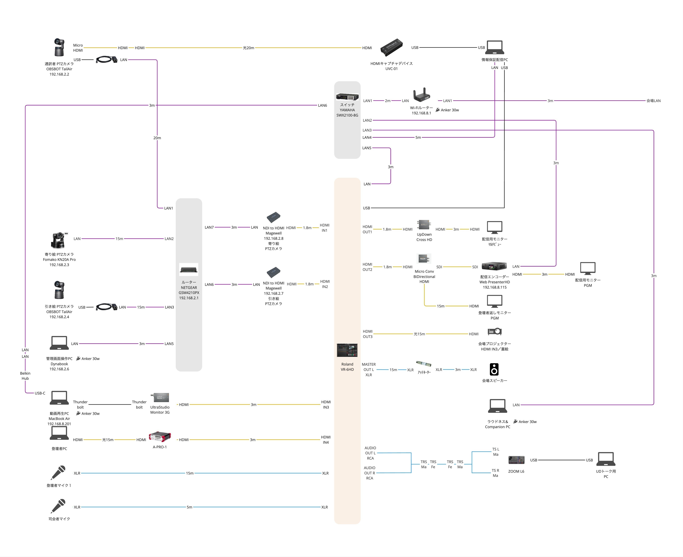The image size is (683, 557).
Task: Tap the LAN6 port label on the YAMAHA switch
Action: click(x=322, y=105)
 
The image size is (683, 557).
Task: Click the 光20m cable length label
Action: click(x=248, y=48)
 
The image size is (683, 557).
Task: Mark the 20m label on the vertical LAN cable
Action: click(x=157, y=138)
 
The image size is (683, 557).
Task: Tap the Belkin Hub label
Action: click(x=25, y=376)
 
